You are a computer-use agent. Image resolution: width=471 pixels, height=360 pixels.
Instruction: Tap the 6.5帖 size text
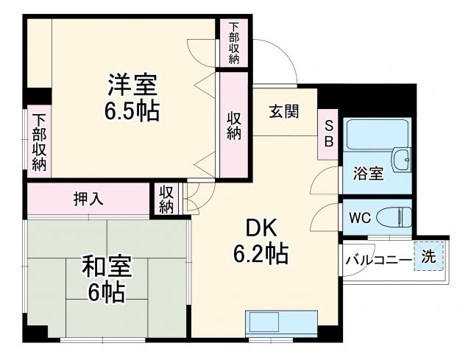(x=133, y=112)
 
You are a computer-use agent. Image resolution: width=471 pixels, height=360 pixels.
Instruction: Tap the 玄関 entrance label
(x=283, y=112)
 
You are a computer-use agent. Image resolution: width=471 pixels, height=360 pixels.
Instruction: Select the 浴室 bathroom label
(x=368, y=174)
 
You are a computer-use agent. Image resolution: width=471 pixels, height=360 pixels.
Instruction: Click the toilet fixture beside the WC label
(x=394, y=217)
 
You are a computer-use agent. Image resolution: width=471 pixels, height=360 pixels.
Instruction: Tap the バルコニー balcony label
(x=378, y=259)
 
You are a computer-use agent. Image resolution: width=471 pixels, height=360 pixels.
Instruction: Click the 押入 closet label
(x=89, y=198)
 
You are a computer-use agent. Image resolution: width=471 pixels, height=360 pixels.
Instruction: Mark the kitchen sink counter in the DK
(x=282, y=322)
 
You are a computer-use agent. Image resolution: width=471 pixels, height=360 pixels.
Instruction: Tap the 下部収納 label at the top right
(x=233, y=43)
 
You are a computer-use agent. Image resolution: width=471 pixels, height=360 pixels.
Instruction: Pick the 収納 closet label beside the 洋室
(x=234, y=126)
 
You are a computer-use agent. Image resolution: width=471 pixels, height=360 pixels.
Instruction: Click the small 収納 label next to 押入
(x=167, y=199)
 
